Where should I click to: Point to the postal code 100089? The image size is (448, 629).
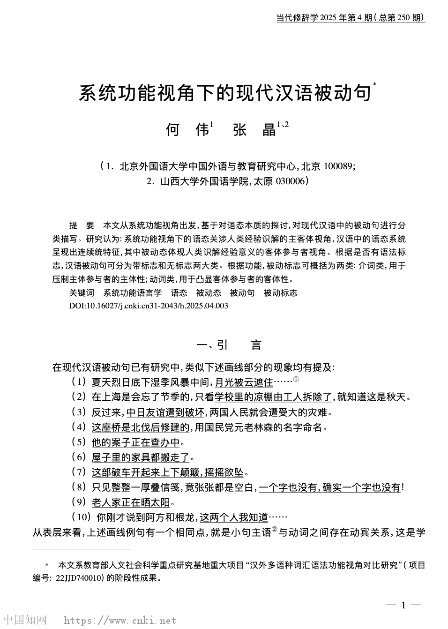338,166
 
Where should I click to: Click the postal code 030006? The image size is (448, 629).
291,181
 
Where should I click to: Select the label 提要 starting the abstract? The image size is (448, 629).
82,225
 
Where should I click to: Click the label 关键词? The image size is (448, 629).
82,293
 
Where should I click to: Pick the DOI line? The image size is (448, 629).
149,306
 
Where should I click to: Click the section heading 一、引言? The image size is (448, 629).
228,345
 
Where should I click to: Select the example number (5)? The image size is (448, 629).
79,442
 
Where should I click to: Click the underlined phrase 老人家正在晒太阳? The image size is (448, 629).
130,502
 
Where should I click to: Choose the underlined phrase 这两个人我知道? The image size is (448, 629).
234,517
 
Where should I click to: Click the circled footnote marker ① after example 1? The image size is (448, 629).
296,380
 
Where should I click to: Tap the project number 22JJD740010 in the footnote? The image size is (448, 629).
77,578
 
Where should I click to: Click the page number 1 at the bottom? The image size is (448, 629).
403,605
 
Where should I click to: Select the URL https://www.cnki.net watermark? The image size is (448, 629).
120,621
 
